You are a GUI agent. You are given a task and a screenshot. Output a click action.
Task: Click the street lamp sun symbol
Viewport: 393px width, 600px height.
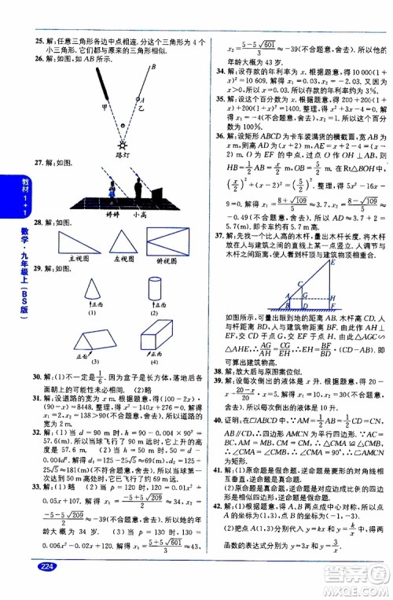coord(122,145)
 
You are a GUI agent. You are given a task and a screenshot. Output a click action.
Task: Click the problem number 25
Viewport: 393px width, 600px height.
coord(28,41)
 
